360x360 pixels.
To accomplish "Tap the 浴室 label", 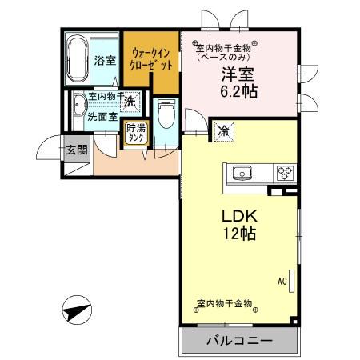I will click(x=105, y=60).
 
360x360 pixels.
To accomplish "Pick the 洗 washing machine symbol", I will click(x=130, y=102).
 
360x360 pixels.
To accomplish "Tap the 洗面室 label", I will click(x=102, y=116).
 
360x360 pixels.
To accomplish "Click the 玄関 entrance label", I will click(x=77, y=150).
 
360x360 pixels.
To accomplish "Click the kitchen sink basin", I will click(x=242, y=173).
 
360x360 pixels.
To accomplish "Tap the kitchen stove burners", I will click(x=285, y=173).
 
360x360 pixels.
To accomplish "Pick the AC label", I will click(x=282, y=281).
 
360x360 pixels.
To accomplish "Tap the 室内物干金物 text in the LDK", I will click(x=225, y=305).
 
